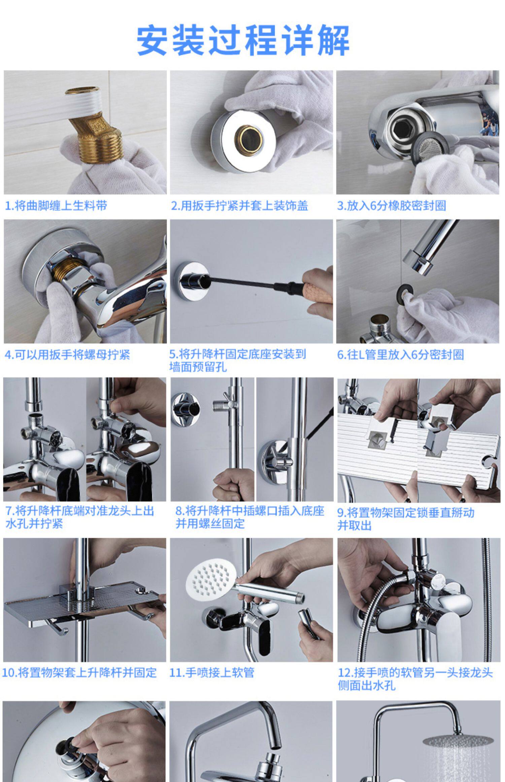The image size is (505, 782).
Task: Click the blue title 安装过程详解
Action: [x=243, y=41]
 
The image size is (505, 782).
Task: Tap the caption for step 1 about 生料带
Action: [x=56, y=205]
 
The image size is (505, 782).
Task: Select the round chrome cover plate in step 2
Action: [x=243, y=141]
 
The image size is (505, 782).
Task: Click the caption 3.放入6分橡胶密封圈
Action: [x=392, y=205]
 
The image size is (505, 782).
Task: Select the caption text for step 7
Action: [x=79, y=517]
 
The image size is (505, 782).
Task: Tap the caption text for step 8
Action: [x=249, y=517]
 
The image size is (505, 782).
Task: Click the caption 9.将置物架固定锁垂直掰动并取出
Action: [x=406, y=519]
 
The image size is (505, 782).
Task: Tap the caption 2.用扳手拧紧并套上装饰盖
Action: [x=239, y=205]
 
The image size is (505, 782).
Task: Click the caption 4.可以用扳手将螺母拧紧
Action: [x=67, y=354]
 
